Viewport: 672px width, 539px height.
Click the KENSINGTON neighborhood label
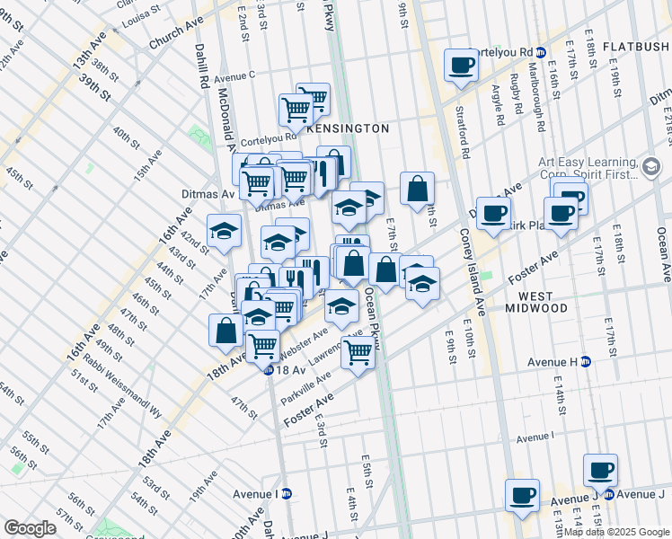pos(348,128)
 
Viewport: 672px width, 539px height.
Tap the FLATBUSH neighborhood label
pos(636,47)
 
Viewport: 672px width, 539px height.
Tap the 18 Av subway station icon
pos(268,370)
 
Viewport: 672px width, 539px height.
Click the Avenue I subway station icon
pos(287,493)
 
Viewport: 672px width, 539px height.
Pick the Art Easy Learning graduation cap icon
pos(651,164)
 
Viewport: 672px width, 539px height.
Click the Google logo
pos(30,528)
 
